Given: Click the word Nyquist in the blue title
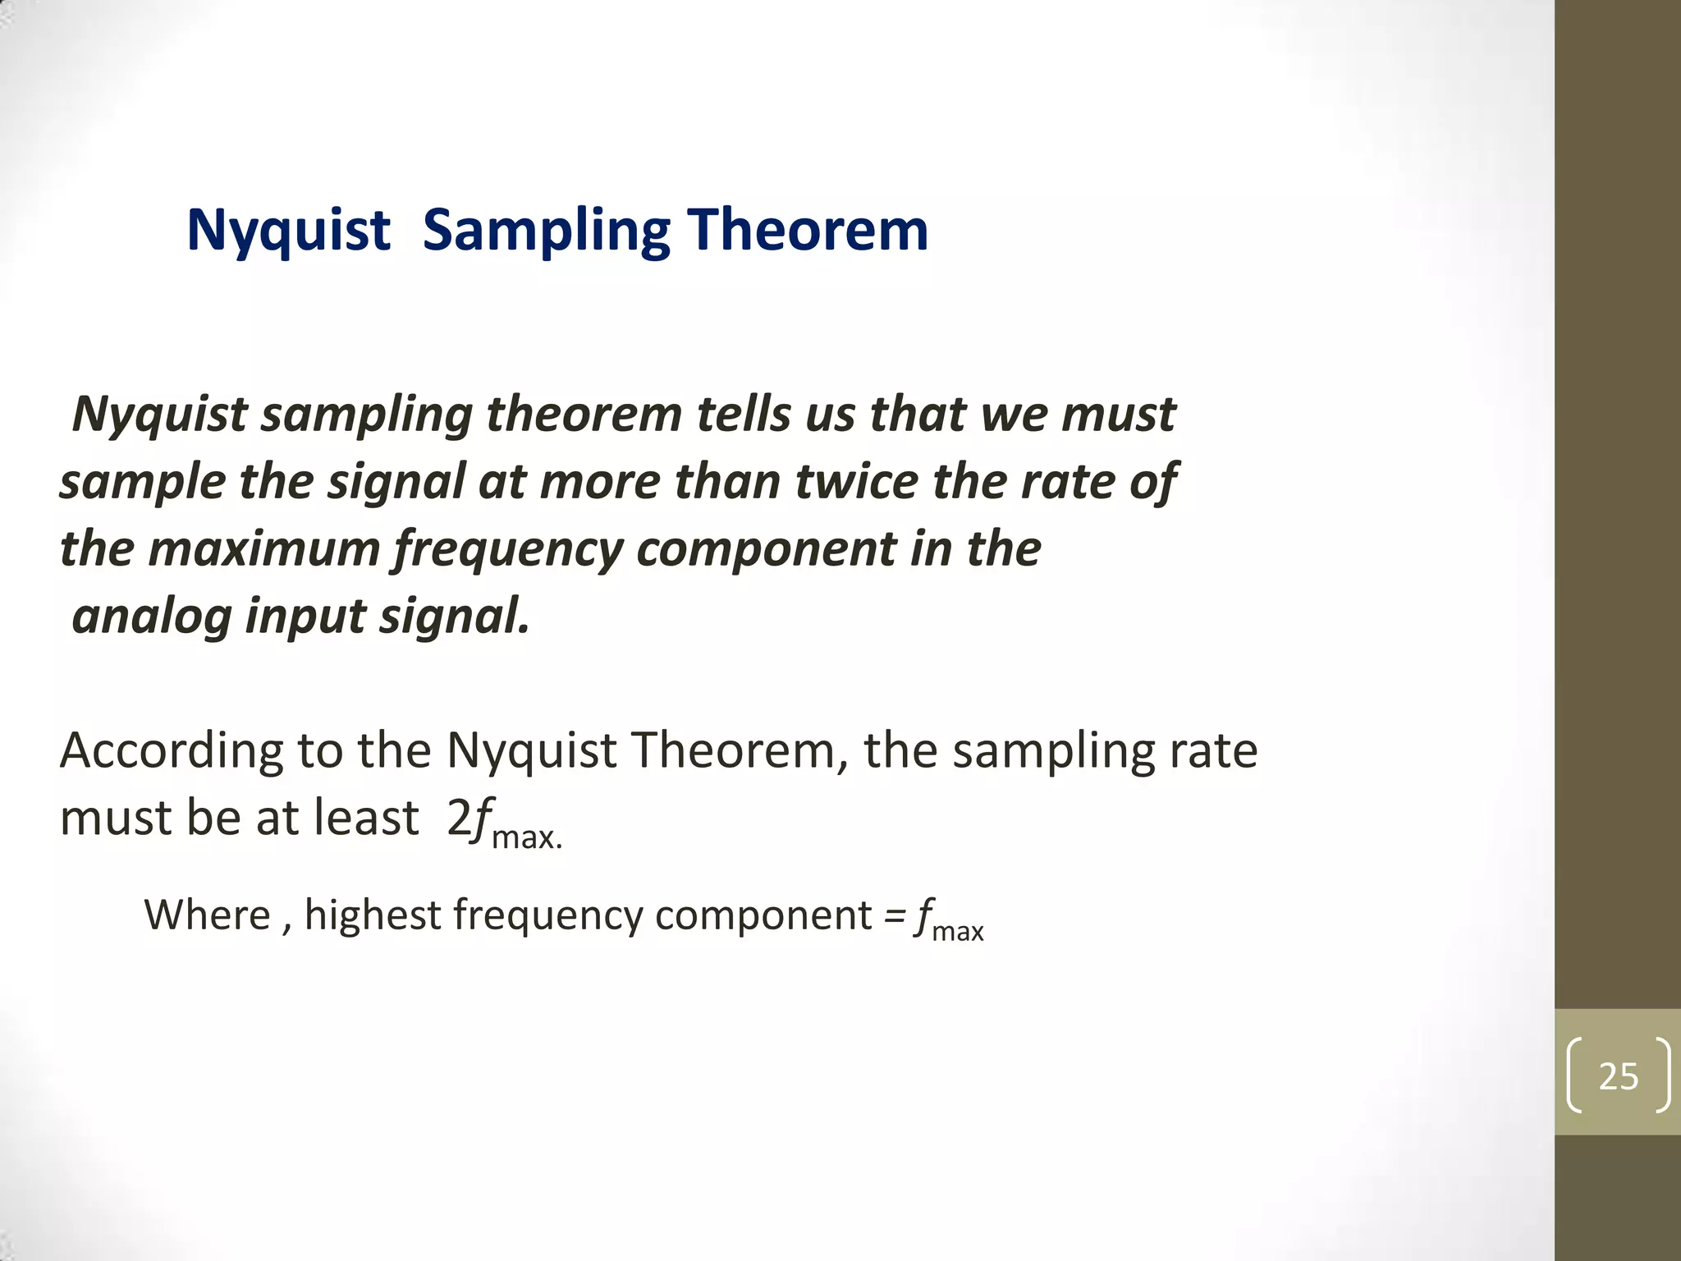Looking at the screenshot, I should pos(287,231).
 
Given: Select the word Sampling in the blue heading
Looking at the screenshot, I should pos(547,232).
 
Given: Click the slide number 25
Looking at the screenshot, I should pos(1618,1076).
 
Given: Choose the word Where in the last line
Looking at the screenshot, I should pos(207,915).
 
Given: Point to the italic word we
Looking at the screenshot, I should pos(1014,415).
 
